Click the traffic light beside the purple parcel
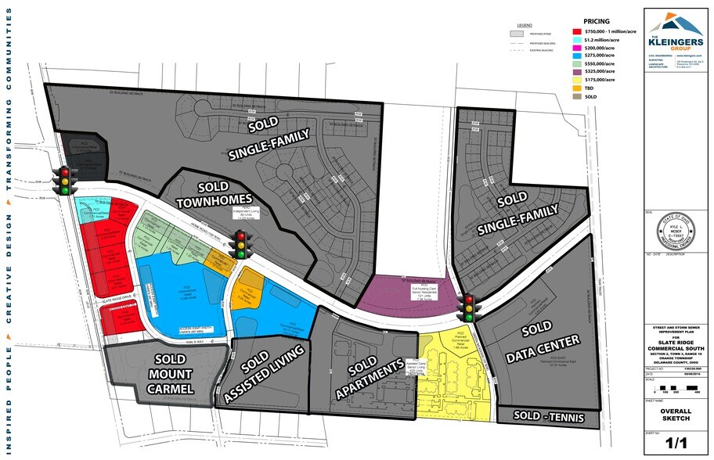tap(469, 307)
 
